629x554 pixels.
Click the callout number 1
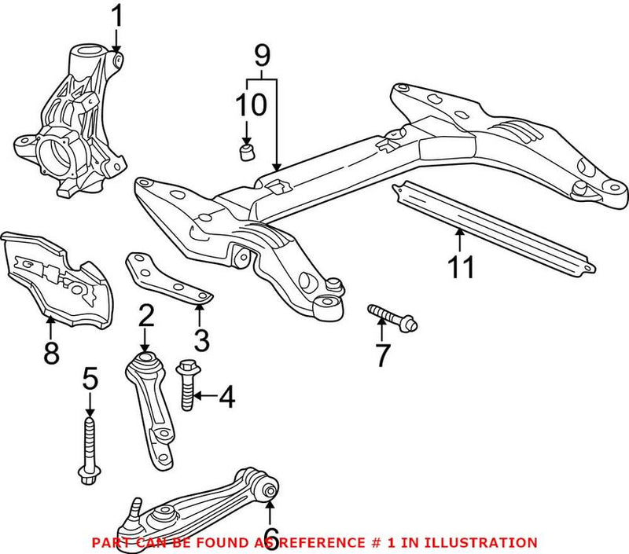point(116,15)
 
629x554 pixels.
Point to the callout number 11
point(461,266)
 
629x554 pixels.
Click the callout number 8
point(51,354)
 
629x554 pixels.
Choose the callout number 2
point(145,317)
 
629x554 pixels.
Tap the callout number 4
point(226,398)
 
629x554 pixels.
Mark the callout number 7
point(382,355)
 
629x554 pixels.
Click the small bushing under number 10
point(247,149)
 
